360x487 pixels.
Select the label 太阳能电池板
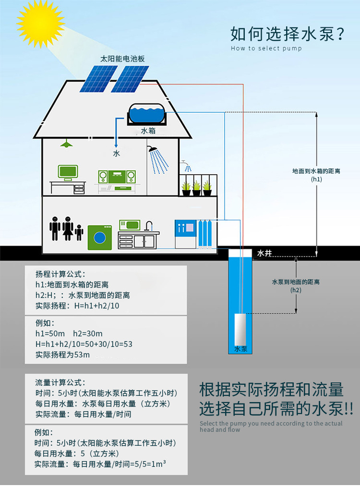pos(122,59)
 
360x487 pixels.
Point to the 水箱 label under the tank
pos(147,131)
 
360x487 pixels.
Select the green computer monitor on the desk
pos(68,172)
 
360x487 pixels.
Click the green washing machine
pos(99,237)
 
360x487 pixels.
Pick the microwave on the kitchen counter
pos(129,225)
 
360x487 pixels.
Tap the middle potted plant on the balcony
pos(196,187)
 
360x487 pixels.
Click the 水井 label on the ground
pos(265,253)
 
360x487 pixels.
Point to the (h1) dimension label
pos(316,179)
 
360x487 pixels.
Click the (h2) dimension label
pos(296,290)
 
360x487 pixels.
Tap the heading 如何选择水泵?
pos(288,34)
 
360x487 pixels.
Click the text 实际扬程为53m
pos(62,355)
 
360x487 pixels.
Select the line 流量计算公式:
pos(60,382)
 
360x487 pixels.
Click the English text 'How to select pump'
pos(266,48)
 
